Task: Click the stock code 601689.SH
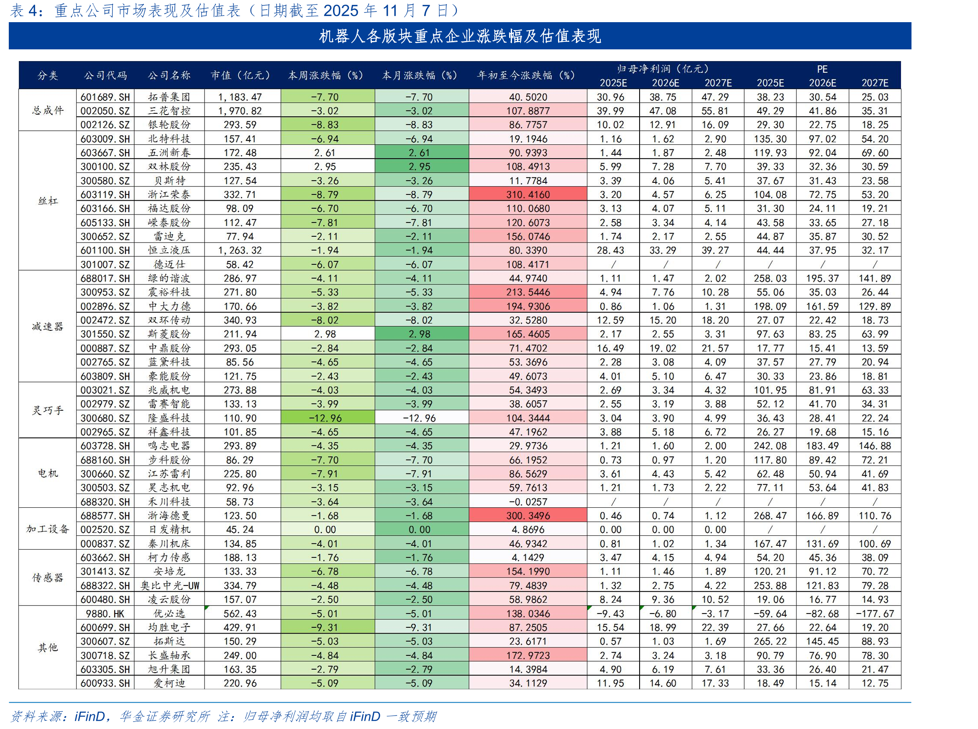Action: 105,97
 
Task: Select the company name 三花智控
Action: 169,111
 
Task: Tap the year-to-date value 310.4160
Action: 528,194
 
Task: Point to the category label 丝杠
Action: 48,201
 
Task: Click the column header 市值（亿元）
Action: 241,75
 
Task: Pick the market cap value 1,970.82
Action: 240,111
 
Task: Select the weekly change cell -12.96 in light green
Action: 325,418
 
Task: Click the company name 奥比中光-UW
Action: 170,586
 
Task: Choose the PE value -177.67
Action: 875,614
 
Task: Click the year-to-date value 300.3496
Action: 528,516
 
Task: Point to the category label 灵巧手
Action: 48,410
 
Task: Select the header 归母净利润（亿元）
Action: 665,69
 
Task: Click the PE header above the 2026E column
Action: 822,69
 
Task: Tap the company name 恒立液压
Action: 169,250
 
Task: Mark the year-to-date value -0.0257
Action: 528,502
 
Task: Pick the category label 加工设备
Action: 48,529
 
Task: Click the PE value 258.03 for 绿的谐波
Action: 770,279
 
